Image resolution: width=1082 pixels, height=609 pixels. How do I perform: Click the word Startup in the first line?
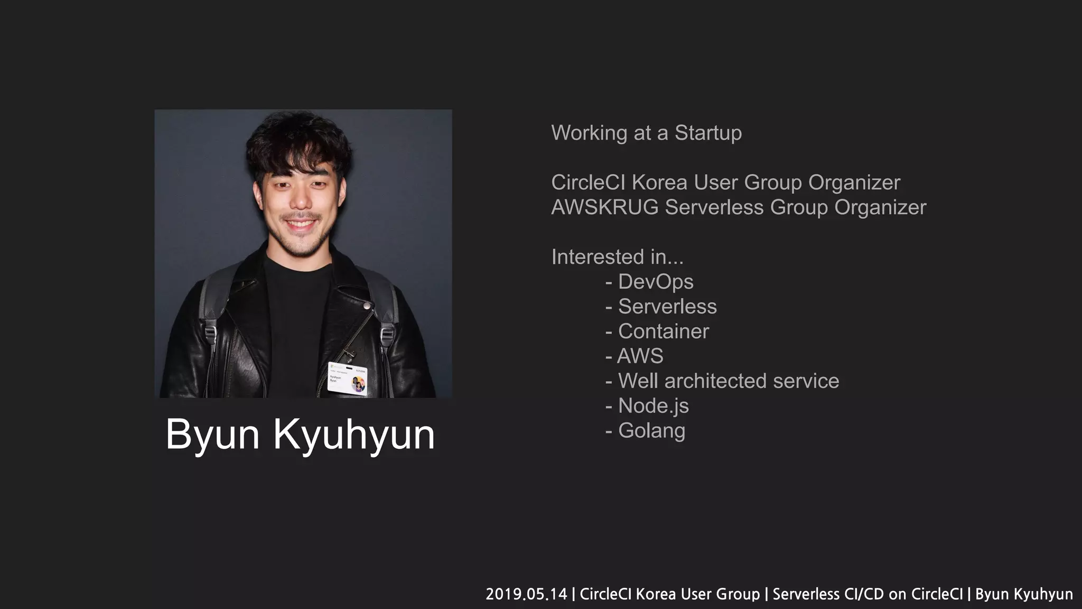708,133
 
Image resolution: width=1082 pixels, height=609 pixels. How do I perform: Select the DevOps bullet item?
655,282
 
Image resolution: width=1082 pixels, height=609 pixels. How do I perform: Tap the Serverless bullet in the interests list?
667,307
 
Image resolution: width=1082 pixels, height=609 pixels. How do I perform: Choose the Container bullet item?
663,331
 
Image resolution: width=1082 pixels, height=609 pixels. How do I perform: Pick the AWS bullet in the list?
640,356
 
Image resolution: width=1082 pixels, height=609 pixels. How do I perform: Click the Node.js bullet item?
653,406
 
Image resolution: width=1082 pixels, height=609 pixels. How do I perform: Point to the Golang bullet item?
651,431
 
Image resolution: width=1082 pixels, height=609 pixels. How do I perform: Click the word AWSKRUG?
605,207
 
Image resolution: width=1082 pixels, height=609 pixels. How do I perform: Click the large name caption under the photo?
300,435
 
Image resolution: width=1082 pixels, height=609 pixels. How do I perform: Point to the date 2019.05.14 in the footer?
526,594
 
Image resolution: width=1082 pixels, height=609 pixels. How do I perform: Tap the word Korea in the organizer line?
660,182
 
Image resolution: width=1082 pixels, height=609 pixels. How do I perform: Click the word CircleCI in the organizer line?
588,182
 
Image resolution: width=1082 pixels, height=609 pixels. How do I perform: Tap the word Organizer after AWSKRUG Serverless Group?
880,207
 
